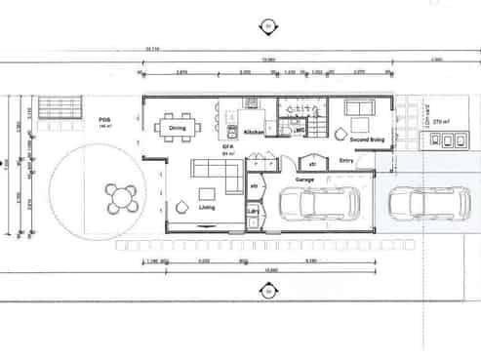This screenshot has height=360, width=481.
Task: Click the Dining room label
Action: click(177, 128)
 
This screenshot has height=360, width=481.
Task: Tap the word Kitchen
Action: click(254, 132)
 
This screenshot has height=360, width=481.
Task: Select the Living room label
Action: click(207, 207)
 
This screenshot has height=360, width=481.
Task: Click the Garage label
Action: click(304, 180)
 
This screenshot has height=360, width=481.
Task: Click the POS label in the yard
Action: click(103, 120)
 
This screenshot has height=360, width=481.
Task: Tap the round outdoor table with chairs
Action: click(122, 199)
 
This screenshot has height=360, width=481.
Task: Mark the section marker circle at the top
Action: click(267, 25)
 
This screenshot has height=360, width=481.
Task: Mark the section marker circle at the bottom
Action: click(267, 290)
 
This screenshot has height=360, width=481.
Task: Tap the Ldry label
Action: click(253, 211)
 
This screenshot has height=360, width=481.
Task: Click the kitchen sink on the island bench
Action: click(232, 132)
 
